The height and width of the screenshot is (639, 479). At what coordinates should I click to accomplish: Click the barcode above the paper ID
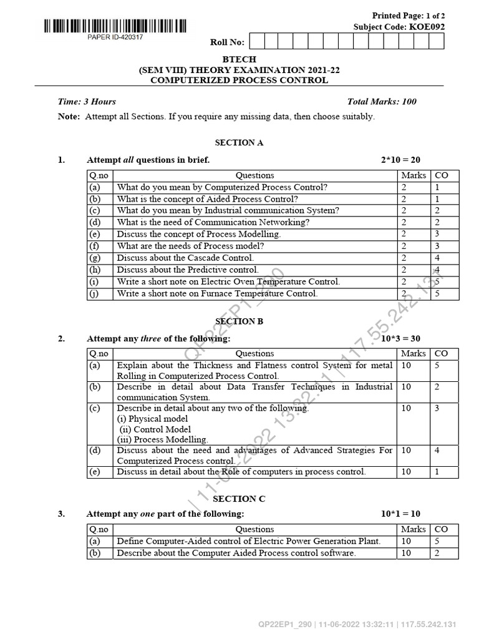(115, 26)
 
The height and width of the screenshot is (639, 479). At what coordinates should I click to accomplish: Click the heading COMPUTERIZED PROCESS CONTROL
(239, 80)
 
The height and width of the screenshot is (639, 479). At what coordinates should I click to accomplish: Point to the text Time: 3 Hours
(87, 102)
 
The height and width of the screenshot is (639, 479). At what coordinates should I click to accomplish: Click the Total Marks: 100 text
(382, 102)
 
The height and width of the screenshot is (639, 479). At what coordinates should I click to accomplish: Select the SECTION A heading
(239, 143)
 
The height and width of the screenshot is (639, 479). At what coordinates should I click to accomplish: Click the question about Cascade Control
(185, 258)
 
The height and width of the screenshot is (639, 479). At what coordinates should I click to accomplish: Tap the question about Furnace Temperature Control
(217, 293)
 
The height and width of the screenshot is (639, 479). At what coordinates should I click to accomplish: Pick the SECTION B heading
(239, 321)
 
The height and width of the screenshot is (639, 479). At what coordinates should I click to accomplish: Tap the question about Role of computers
(241, 472)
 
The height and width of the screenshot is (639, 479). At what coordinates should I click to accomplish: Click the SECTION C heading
(239, 499)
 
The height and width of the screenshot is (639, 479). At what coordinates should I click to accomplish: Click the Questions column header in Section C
(254, 529)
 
